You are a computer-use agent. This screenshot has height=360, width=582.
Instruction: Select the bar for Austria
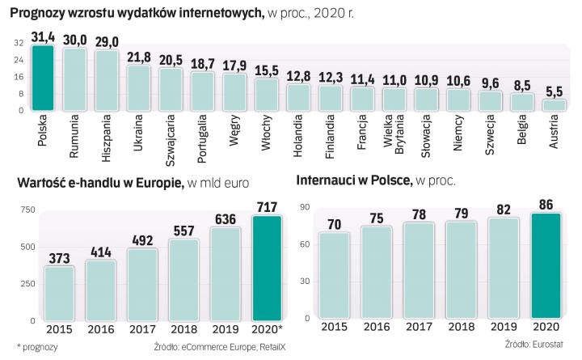tap(554, 105)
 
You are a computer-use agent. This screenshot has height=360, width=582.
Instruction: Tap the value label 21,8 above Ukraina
tap(138, 57)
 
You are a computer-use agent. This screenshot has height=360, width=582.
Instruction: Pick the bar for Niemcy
tap(458, 99)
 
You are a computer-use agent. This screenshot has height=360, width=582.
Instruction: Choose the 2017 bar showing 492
tap(144, 284)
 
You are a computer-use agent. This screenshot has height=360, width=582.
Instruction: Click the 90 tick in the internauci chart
tap(304, 208)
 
